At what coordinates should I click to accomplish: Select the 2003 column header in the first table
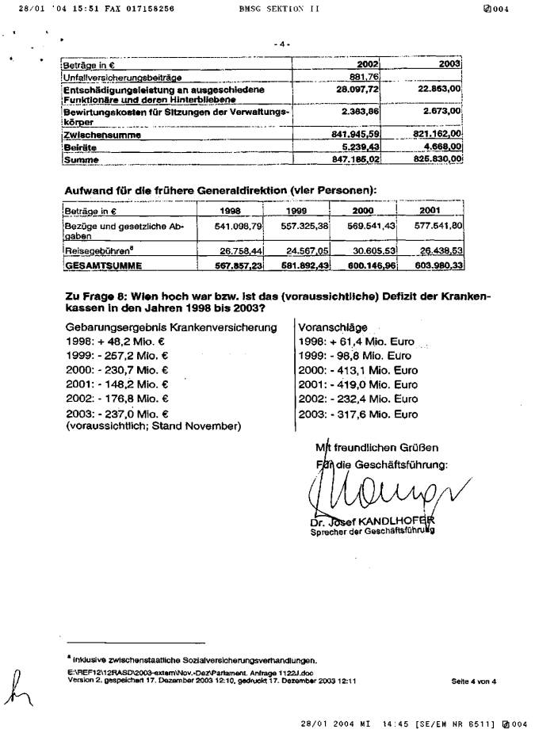pos(449,63)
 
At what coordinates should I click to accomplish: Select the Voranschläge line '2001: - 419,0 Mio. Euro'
pos(357,384)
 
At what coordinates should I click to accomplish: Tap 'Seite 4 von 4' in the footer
pos(473,680)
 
